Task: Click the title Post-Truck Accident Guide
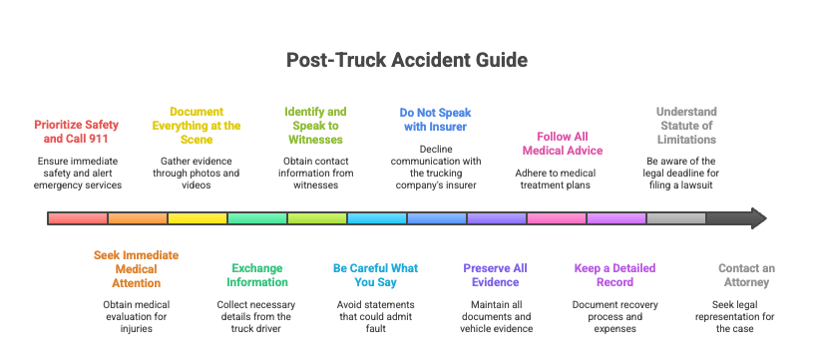[x=407, y=60]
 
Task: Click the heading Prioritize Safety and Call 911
[x=77, y=133]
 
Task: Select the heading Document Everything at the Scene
[x=197, y=126]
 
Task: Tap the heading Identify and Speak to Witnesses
[x=316, y=126]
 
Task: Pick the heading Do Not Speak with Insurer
[x=436, y=120]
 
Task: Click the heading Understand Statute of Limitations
[x=686, y=126]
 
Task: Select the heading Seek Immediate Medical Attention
[x=137, y=269]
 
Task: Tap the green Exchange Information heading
[x=256, y=275]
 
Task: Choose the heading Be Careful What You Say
[x=376, y=275]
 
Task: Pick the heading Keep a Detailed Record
[x=615, y=275]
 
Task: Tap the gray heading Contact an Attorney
[x=746, y=275]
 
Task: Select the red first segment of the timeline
[x=78, y=218]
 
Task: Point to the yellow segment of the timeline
[x=198, y=218]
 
